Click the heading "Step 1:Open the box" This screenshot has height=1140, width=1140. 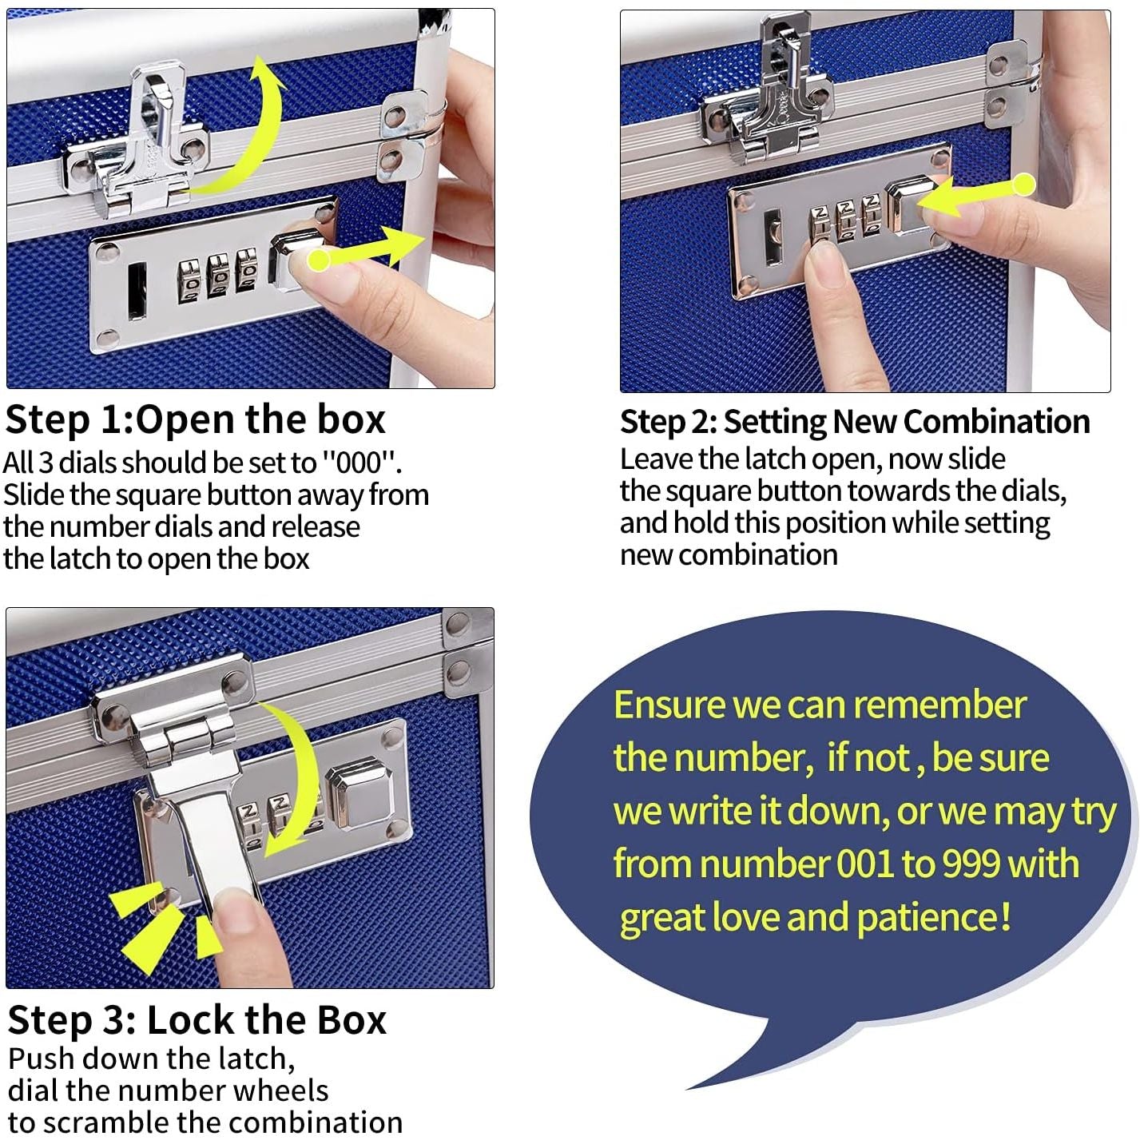(x=195, y=419)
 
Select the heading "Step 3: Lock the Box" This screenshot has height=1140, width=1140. (x=197, y=1020)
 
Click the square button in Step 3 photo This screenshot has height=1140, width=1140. (x=359, y=791)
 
